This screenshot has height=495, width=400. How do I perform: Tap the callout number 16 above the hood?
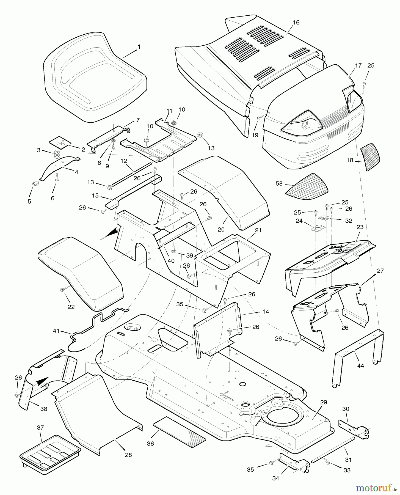point(296,23)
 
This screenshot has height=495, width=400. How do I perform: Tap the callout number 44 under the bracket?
point(360,366)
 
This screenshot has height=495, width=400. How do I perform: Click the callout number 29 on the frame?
point(324,402)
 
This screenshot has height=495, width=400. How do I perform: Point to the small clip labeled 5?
point(34,184)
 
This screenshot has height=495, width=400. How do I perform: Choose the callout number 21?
point(259,230)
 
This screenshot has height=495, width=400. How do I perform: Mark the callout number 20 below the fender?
point(221,229)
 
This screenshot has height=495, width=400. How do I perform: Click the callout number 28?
point(128,455)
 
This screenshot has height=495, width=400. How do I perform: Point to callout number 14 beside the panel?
point(266,312)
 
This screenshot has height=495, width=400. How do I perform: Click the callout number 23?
point(360,227)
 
